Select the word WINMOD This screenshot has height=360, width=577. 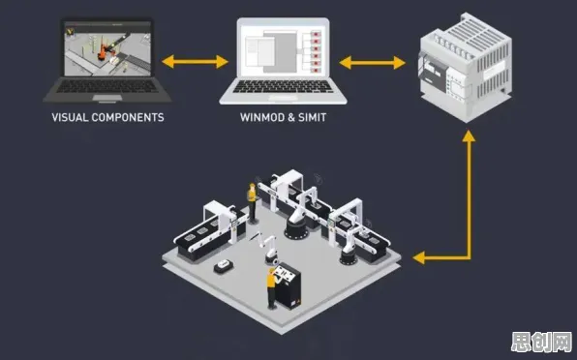coord(261,118)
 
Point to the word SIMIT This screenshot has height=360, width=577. coord(312,118)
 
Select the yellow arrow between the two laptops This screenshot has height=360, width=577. coord(195,62)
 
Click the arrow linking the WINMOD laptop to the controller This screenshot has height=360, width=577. coord(372,63)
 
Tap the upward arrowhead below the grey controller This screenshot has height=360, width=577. coord(469,135)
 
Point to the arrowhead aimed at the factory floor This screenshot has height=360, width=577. coord(418,257)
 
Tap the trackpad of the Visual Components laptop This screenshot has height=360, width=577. coord(107,98)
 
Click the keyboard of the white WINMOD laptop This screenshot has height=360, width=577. coord(283,87)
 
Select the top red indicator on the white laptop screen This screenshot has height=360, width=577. coord(316,35)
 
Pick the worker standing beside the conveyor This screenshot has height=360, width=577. coord(252,203)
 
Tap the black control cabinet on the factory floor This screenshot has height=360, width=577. coord(288,285)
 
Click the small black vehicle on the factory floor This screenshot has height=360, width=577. coord(224,265)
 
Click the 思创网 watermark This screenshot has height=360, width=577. coord(541,343)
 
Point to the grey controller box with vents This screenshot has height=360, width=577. coord(465,67)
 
